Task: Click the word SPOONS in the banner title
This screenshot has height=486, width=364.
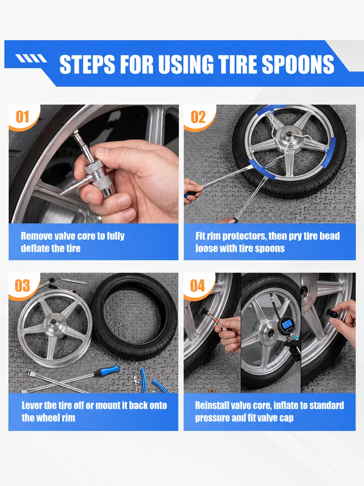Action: click(x=298, y=64)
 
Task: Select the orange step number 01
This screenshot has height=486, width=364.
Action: click(x=22, y=117)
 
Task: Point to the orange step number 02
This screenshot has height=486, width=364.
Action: click(x=198, y=117)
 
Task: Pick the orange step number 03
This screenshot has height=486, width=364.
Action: click(x=22, y=286)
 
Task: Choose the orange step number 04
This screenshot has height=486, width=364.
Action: click(x=197, y=286)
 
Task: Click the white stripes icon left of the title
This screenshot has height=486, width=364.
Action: click(x=31, y=58)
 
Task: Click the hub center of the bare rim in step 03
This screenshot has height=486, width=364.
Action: click(x=53, y=322)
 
